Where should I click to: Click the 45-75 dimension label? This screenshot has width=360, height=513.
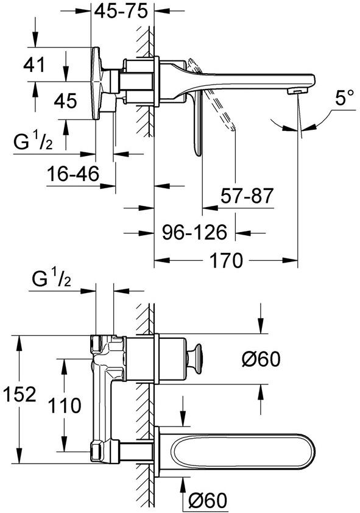(124, 12)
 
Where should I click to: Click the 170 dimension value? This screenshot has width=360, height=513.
(225, 261)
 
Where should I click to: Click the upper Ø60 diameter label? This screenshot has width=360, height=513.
(260, 360)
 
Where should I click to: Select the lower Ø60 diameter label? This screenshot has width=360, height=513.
(207, 501)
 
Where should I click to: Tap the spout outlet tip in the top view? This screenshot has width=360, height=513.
(297, 90)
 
